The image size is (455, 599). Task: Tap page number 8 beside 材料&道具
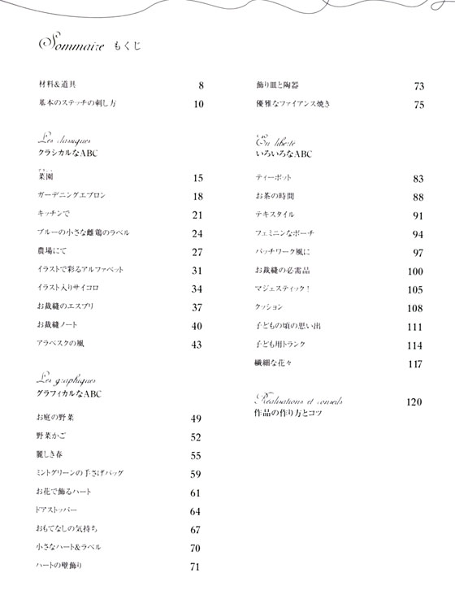[200, 85]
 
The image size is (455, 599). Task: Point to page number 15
[197, 178]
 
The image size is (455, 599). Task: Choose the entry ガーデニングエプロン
[71, 196]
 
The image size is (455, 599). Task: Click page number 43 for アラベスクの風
[197, 344]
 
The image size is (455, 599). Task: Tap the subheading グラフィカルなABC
[70, 394]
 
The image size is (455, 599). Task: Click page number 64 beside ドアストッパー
[196, 511]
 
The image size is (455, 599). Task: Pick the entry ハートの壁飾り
[60, 566]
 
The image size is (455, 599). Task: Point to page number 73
[419, 86]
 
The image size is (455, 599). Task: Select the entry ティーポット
[273, 178]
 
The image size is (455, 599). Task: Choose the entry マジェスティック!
[283, 289]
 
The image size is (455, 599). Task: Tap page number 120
[415, 402]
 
